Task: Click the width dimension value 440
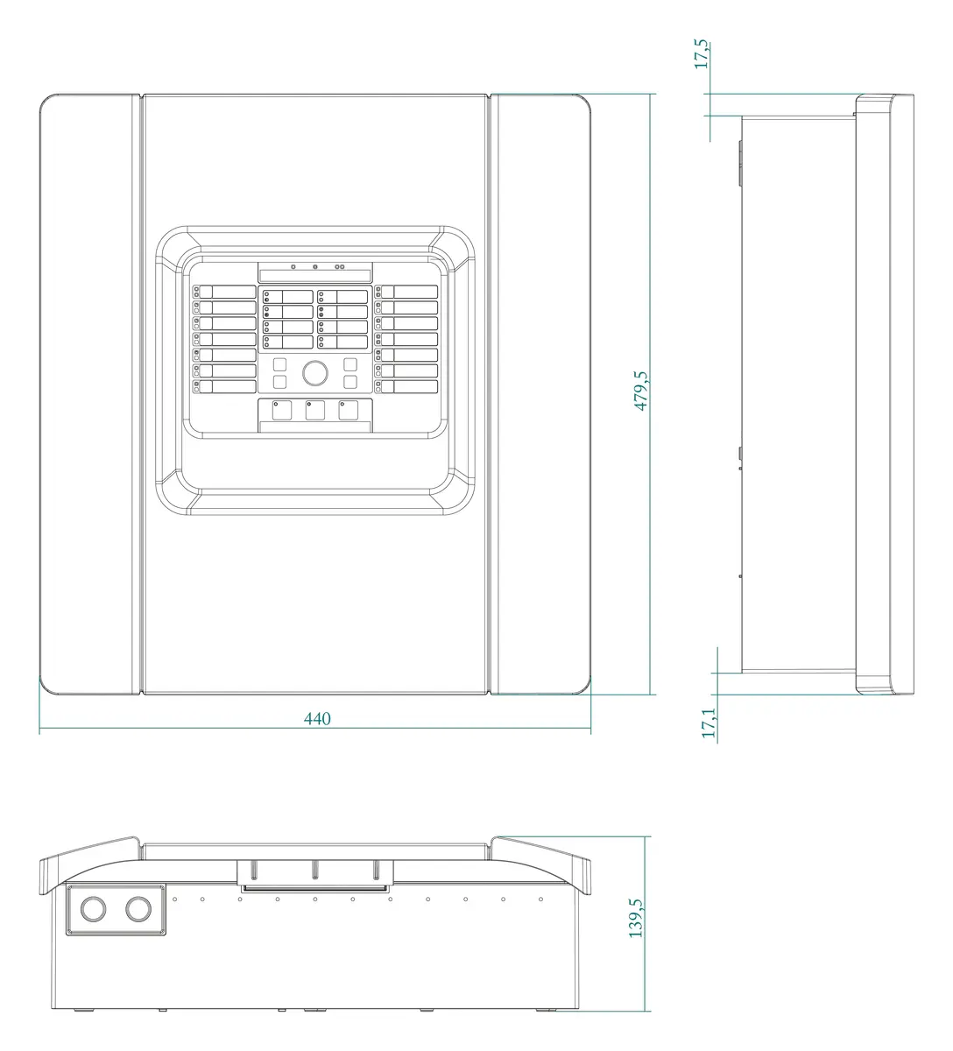click(x=317, y=719)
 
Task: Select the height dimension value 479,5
click(x=641, y=391)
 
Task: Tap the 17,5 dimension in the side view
click(x=701, y=54)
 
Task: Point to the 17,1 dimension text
click(x=709, y=723)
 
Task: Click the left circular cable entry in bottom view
click(x=94, y=908)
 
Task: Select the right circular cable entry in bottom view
click(x=138, y=908)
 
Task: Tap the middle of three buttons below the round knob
click(x=315, y=411)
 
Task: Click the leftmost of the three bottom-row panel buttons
click(x=282, y=411)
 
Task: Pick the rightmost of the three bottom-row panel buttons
click(x=348, y=411)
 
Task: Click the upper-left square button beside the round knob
click(x=280, y=364)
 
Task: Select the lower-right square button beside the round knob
click(x=350, y=382)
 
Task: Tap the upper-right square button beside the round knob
click(x=350, y=364)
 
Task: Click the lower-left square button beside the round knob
click(x=280, y=382)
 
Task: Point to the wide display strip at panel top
click(x=315, y=276)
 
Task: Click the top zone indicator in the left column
click(x=224, y=292)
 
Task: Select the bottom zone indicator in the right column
click(x=406, y=386)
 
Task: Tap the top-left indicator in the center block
click(x=288, y=297)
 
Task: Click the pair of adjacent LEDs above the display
click(x=340, y=267)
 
